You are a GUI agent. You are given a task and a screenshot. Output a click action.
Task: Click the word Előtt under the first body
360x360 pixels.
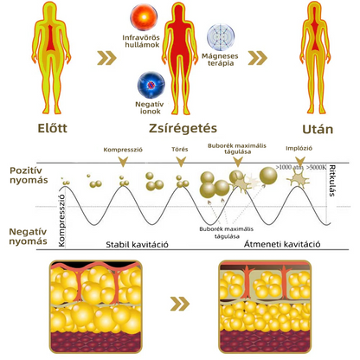click(x=52, y=128)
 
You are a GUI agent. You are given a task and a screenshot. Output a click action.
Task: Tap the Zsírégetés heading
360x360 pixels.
click(x=183, y=128)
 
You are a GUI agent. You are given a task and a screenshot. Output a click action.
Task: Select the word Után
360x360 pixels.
click(x=318, y=129)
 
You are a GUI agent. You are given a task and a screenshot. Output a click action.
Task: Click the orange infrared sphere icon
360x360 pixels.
click(x=144, y=17)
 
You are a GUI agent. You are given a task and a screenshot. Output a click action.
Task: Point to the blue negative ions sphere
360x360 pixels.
click(x=151, y=85)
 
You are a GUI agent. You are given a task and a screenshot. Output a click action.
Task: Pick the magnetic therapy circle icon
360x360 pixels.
click(x=221, y=37)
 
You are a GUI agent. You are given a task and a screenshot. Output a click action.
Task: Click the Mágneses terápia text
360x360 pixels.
click(x=220, y=60)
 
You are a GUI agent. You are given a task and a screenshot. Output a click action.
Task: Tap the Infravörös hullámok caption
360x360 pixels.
click(x=141, y=42)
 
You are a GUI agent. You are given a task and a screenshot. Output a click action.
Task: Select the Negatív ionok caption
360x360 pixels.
click(x=150, y=108)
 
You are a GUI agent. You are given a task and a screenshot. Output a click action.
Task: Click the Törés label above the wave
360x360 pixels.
click(x=180, y=149)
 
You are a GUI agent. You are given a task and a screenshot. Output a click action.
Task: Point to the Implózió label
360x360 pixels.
click(x=299, y=148)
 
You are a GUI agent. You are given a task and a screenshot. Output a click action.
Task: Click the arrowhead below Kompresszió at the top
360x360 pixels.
click(x=123, y=162)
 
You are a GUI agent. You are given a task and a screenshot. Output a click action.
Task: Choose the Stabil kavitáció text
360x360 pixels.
click(x=137, y=245)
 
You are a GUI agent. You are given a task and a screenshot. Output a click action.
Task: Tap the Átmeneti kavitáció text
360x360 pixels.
click(x=282, y=244)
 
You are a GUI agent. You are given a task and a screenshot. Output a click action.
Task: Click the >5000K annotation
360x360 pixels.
click(x=317, y=167)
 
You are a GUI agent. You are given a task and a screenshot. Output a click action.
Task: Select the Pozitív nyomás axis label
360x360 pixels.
click(x=29, y=175)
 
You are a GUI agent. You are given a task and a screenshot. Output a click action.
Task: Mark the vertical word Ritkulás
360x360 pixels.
click(x=332, y=181)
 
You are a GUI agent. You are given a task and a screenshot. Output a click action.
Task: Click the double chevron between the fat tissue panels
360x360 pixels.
click(x=180, y=304)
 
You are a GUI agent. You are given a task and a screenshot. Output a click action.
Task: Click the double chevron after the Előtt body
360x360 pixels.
click(x=106, y=58)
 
